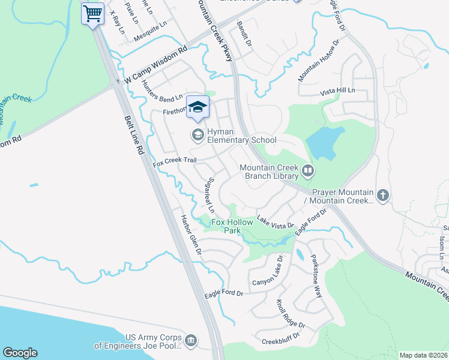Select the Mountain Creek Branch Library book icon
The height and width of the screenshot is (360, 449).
click(x=307, y=172)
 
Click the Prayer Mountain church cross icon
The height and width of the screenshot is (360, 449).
click(x=383, y=195)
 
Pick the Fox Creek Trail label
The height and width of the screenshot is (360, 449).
click(x=175, y=161)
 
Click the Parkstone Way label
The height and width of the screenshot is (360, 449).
click(x=316, y=276)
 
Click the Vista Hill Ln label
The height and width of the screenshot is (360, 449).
click(x=338, y=90)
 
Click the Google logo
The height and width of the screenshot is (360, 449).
click(x=20, y=353)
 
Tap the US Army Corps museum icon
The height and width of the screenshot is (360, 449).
click(x=191, y=341)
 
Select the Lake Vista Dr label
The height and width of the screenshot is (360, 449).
click(x=276, y=223)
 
